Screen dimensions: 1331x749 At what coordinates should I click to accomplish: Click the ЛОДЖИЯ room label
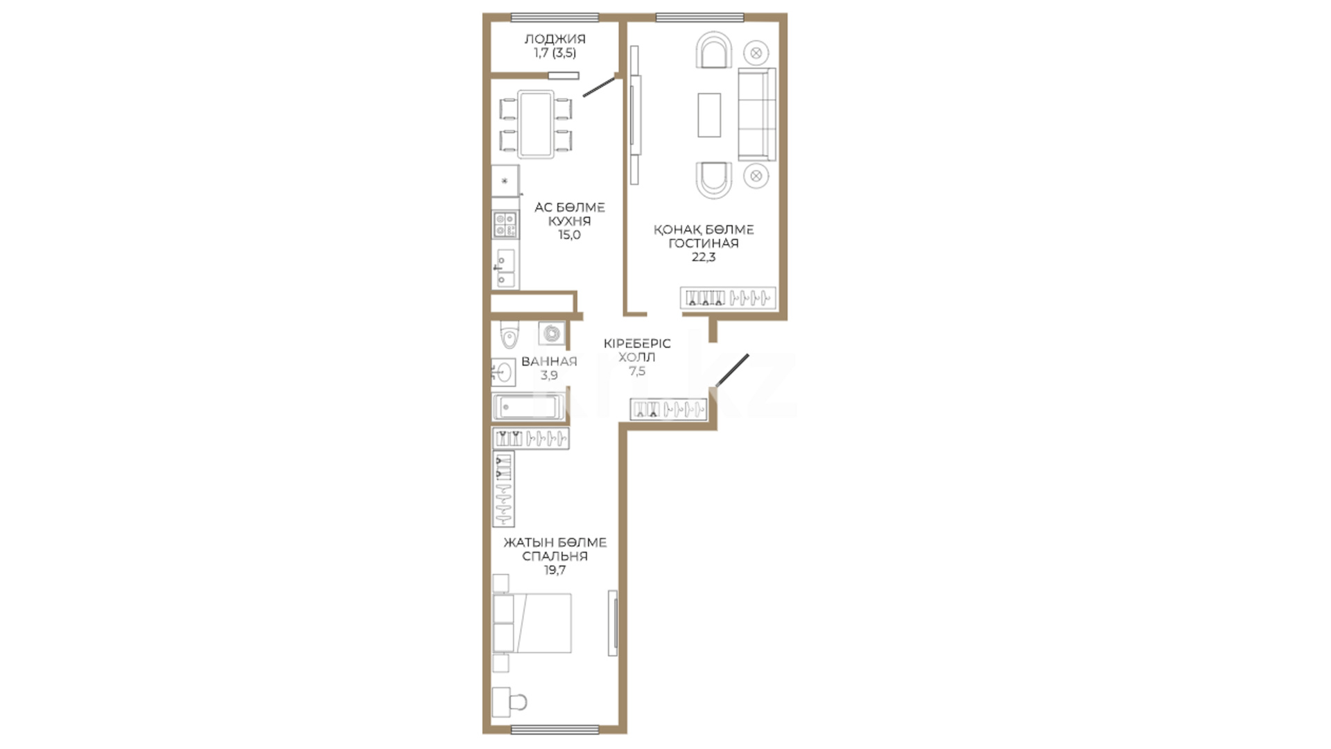(555, 39)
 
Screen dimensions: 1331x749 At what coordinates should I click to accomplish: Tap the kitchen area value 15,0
(569, 234)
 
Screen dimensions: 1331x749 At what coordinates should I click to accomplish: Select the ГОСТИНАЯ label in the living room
(703, 243)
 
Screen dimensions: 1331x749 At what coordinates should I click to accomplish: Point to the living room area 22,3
(703, 257)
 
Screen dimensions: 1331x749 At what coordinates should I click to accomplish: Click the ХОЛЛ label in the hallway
(636, 357)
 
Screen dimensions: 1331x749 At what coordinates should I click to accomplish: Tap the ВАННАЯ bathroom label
(549, 361)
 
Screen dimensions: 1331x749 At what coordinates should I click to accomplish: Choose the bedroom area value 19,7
(555, 570)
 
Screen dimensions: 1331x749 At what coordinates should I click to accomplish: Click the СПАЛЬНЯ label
(555, 556)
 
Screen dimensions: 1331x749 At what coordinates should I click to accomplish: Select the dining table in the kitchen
(536, 125)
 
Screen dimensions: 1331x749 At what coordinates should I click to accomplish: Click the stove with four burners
(505, 225)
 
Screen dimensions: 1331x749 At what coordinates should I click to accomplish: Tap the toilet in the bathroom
(510, 336)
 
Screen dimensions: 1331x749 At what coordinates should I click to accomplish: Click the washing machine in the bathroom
(552, 334)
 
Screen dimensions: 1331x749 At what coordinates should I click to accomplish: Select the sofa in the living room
(757, 114)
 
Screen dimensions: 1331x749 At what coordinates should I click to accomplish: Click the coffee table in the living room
(709, 115)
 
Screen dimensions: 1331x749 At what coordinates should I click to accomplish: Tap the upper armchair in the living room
(714, 50)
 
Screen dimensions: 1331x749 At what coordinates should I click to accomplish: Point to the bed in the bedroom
(532, 623)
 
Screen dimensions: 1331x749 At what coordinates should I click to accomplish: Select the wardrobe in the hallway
(668, 410)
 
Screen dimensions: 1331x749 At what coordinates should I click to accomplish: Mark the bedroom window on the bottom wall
(555, 729)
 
